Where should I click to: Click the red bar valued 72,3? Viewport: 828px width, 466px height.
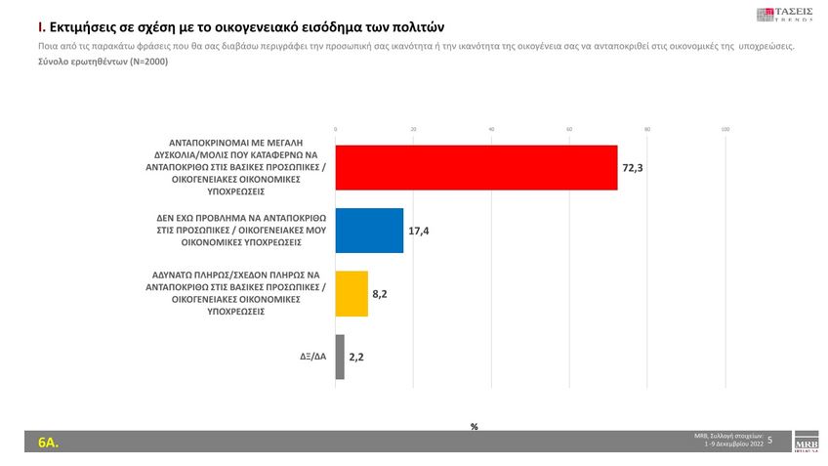pyautogui.click(x=476, y=168)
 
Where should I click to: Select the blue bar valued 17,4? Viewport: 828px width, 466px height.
pyautogui.click(x=369, y=231)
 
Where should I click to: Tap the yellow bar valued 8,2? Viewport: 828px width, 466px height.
pyautogui.click(x=352, y=293)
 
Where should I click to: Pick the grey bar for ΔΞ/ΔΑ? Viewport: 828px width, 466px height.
pyautogui.click(x=340, y=357)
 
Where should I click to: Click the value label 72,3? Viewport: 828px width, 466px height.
pyautogui.click(x=633, y=169)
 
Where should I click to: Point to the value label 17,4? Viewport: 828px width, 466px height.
pyautogui.click(x=420, y=232)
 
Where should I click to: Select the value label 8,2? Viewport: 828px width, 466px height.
pyautogui.click(x=380, y=294)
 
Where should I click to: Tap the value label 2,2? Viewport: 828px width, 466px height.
pyautogui.click(x=356, y=358)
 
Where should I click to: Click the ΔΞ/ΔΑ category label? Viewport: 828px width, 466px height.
pyautogui.click(x=313, y=357)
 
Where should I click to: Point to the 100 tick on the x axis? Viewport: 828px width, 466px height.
pyautogui.click(x=724, y=129)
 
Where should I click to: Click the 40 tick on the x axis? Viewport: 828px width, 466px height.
pyautogui.click(x=491, y=129)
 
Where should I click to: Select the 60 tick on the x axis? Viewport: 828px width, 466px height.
pyautogui.click(x=569, y=129)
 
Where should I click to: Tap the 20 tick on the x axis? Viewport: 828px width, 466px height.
pyautogui.click(x=413, y=129)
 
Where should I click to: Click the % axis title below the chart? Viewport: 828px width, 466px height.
pyautogui.click(x=474, y=427)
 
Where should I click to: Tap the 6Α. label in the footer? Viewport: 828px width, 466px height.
pyautogui.click(x=48, y=443)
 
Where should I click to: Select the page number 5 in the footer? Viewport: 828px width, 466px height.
pyautogui.click(x=769, y=441)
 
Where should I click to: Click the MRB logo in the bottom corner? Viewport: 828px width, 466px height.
pyautogui.click(x=807, y=440)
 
